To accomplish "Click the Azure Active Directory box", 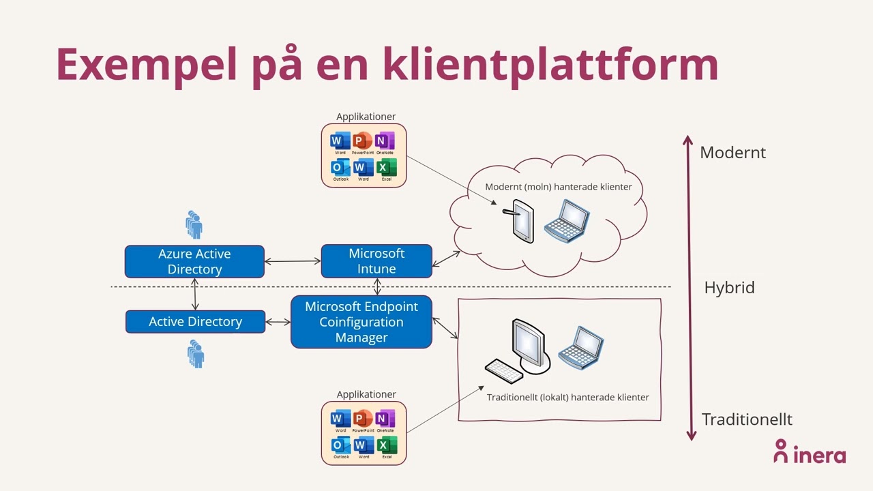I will click(194, 262).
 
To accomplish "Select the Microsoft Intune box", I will click(376, 261).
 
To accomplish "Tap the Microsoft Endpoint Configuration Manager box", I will click(361, 322).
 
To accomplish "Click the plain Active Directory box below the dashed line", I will click(195, 322).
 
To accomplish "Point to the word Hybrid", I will click(729, 288).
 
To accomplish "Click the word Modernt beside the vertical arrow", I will click(733, 153).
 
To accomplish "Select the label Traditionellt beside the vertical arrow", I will click(747, 419).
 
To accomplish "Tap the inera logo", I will click(810, 453).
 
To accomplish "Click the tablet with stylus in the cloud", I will click(522, 220).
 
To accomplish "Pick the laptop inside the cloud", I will click(567, 220).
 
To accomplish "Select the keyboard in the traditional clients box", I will click(504, 371).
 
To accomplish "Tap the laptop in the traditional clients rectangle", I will click(581, 348).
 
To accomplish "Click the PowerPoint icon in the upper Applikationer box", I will click(362, 142).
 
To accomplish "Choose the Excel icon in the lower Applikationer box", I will click(385, 446).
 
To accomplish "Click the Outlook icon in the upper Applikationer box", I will click(339, 168).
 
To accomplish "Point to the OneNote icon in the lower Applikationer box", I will click(385, 419).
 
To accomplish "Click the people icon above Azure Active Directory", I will click(194, 224).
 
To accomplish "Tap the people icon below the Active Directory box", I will click(196, 355).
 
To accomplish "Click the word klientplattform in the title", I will click(550, 64).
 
